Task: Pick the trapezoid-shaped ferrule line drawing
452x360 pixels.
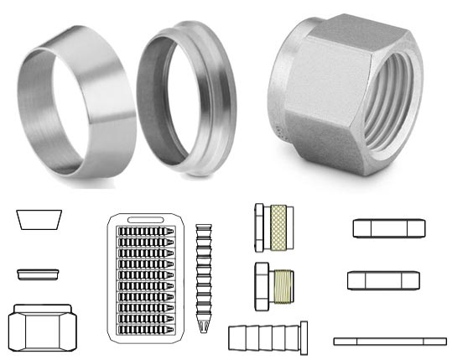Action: click(39, 220)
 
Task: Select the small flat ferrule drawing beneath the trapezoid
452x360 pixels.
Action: click(39, 273)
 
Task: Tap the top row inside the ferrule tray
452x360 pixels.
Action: click(148, 229)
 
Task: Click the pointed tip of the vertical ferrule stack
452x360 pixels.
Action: click(204, 322)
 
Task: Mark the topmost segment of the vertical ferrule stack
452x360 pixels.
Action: click(204, 227)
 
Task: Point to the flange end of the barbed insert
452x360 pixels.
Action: click(304, 337)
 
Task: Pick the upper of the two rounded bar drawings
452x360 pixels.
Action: click(388, 227)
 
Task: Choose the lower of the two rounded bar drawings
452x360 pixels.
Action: click(382, 280)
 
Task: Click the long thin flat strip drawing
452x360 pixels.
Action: click(390, 341)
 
